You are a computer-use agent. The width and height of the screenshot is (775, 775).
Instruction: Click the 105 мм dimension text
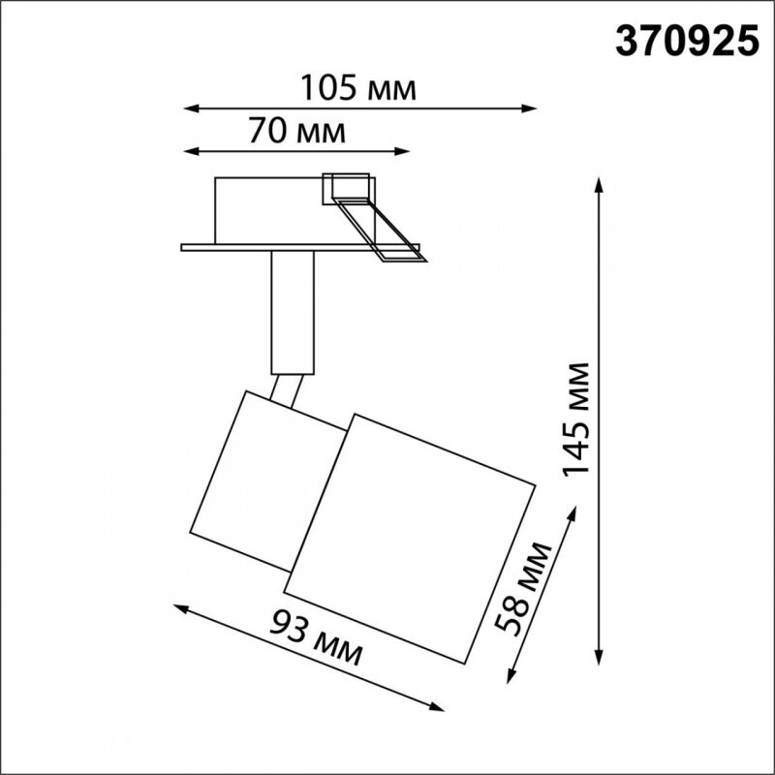pyautogui.click(x=357, y=88)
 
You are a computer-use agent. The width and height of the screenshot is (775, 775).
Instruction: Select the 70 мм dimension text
pyautogui.click(x=296, y=131)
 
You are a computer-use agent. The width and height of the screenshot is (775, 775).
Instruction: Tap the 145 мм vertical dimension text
pyautogui.click(x=578, y=418)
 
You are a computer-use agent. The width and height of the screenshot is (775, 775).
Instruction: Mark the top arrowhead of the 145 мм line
pyautogui.click(x=602, y=184)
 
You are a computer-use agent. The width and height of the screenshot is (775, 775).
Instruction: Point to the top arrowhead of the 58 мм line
pyautogui.click(x=568, y=508)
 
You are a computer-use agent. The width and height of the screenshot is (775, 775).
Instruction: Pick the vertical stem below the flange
pyautogui.click(x=294, y=312)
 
